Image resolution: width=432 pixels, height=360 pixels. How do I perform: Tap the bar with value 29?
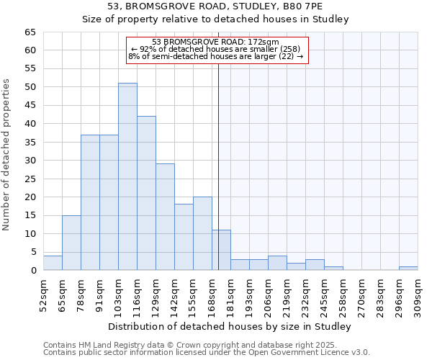tap(165, 217)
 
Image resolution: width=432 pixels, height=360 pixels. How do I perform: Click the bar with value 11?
tap(221, 250)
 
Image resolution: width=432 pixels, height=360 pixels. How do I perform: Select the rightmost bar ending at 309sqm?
tap(408, 269)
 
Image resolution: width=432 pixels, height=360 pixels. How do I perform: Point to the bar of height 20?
tap(202, 233)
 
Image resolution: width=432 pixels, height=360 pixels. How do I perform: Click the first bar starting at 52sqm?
tap(53, 263)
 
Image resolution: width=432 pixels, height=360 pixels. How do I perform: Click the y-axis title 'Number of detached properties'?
tap(7, 155)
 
